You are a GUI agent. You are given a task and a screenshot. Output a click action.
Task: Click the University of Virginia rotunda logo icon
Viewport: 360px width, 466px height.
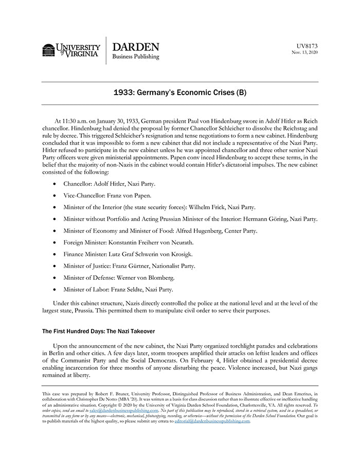point(48,50)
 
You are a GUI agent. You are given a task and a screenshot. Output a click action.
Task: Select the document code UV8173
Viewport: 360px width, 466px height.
point(307,45)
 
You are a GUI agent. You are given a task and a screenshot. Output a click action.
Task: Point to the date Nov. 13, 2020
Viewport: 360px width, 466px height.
point(305,52)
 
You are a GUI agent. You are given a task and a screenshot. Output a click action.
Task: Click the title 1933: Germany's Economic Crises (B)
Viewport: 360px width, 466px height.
point(179,93)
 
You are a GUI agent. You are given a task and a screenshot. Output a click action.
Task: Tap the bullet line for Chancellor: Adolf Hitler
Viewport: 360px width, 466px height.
point(109,184)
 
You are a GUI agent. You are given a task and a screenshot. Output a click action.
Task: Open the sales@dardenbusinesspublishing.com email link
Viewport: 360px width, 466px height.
point(122,410)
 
